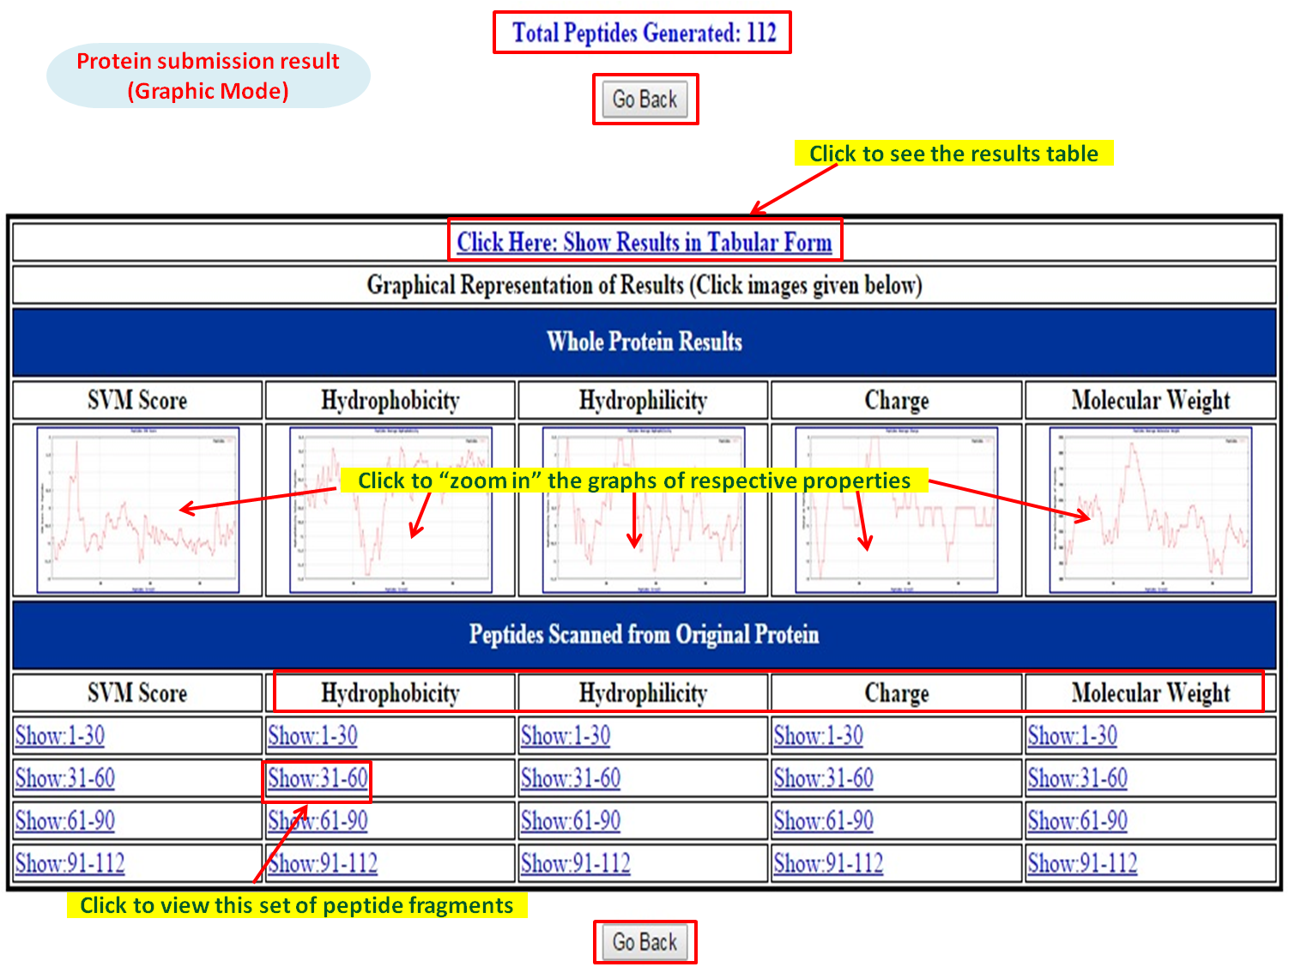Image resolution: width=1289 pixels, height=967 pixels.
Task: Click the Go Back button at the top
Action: click(644, 100)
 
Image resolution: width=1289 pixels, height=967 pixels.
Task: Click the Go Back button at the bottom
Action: click(644, 942)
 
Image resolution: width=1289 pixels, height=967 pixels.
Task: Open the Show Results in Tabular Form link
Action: click(644, 242)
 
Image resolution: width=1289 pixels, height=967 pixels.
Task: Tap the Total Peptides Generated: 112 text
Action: click(644, 33)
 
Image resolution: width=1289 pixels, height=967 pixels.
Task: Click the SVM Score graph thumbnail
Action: click(137, 510)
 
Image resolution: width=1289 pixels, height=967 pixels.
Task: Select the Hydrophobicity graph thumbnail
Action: click(390, 510)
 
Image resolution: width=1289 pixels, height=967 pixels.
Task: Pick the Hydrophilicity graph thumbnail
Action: click(644, 510)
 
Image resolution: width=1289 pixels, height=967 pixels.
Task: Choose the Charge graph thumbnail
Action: click(897, 510)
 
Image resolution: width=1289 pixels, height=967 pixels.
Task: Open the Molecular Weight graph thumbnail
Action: click(1151, 510)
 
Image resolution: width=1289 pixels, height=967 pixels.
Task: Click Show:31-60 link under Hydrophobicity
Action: click(318, 779)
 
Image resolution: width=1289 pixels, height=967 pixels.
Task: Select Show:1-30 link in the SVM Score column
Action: click(60, 736)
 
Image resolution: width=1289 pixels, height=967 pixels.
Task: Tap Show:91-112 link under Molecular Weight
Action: click(1082, 863)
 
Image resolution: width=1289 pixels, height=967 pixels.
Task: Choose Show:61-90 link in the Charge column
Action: click(823, 821)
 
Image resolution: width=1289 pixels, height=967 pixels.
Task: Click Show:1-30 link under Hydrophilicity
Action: click(566, 736)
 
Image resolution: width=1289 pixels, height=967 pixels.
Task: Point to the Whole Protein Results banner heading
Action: click(644, 341)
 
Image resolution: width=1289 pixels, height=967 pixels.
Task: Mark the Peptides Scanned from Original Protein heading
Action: click(644, 635)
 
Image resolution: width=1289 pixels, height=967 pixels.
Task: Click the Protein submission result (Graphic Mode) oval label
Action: click(209, 76)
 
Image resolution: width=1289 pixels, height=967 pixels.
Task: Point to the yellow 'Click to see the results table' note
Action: click(953, 154)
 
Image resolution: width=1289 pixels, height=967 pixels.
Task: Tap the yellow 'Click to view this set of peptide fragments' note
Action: click(297, 905)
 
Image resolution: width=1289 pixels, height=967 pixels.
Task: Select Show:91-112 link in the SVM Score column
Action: click(70, 863)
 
